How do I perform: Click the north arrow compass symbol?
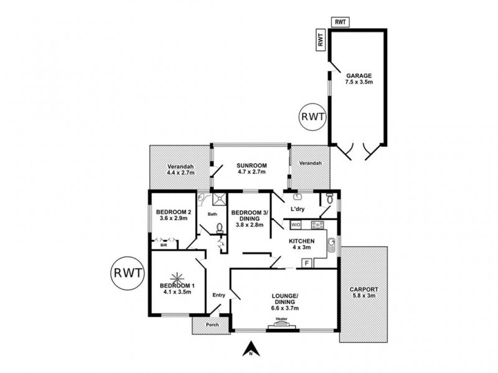click(x=251, y=349)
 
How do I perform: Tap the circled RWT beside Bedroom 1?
click(x=128, y=273)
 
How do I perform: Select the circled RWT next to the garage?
click(x=313, y=117)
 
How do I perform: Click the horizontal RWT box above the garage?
click(x=340, y=22)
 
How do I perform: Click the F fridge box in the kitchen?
click(x=307, y=263)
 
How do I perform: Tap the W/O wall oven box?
click(x=296, y=225)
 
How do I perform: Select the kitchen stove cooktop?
click(x=317, y=225)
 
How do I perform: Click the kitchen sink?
click(x=331, y=245)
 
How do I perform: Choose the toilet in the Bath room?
click(x=220, y=228)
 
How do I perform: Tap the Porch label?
click(x=212, y=325)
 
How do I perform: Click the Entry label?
click(x=219, y=295)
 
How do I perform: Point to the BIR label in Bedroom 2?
click(x=164, y=245)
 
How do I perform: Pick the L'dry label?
click(x=298, y=209)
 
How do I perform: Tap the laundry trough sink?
click(x=297, y=196)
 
